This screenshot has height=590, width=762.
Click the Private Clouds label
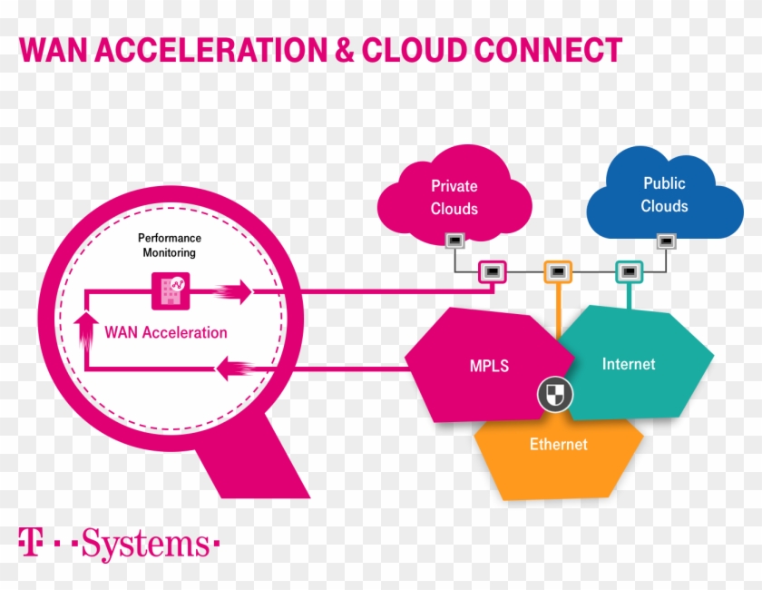(x=454, y=197)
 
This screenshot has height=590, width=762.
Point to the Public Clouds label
(x=664, y=194)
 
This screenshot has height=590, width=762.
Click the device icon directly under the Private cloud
(x=454, y=241)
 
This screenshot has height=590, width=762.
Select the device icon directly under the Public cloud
(x=666, y=241)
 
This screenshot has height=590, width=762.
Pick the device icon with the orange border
(x=557, y=271)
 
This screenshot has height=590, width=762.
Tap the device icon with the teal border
(x=628, y=271)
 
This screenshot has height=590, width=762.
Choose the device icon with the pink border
(x=492, y=271)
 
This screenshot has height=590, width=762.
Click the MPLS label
(x=489, y=367)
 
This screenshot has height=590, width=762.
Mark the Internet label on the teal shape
(x=628, y=364)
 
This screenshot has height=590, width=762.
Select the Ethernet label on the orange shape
(x=558, y=445)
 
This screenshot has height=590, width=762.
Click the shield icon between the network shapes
(x=554, y=394)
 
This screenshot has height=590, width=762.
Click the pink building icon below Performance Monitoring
(x=167, y=288)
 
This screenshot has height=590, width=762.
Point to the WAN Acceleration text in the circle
(x=166, y=332)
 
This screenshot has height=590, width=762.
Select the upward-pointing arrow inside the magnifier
(x=87, y=331)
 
